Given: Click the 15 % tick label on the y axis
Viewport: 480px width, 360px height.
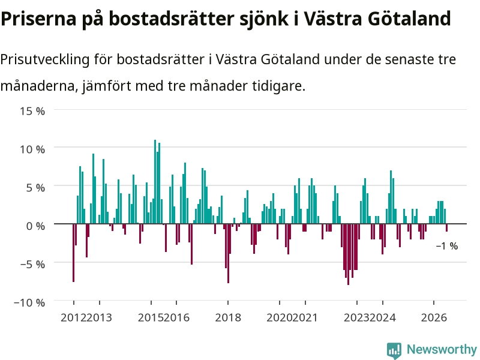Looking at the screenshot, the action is pyautogui.click(x=32, y=111).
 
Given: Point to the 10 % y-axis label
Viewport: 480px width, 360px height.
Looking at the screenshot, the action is pyautogui.click(x=32, y=149).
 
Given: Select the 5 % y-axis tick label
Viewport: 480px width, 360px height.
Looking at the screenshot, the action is pyautogui.click(x=35, y=188).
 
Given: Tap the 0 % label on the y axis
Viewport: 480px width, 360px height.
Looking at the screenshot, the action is pyautogui.click(x=35, y=226).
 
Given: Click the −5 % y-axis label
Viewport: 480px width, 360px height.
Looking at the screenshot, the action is pyautogui.click(x=32, y=264).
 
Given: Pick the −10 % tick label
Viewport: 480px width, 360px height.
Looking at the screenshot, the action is pyautogui.click(x=29, y=302).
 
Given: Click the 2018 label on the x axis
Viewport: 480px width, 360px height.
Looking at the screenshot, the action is pyautogui.click(x=228, y=317).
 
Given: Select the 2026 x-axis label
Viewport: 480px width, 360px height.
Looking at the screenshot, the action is pyautogui.click(x=434, y=317).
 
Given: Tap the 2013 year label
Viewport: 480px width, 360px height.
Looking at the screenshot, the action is pyautogui.click(x=99, y=317).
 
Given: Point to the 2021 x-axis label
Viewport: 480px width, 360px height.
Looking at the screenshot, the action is pyautogui.click(x=305, y=317).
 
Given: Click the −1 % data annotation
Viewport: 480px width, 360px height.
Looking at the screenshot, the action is pyautogui.click(x=447, y=246).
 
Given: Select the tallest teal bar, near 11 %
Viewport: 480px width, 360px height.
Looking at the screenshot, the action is pyautogui.click(x=155, y=182).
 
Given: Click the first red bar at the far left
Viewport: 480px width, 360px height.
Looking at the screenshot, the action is pyautogui.click(x=73, y=253).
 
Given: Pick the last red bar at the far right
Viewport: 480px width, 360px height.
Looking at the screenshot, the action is pyautogui.click(x=446, y=228).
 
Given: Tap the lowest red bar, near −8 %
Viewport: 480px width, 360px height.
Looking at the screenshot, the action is pyautogui.click(x=348, y=254).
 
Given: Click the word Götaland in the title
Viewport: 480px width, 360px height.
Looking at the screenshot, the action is pyautogui.click(x=409, y=19).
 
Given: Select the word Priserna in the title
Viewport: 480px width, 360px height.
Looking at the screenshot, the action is pyautogui.click(x=38, y=19).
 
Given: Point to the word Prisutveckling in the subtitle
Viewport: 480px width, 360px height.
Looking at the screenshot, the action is pyautogui.click(x=44, y=59).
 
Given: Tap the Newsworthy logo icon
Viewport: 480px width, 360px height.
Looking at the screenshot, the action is pyautogui.click(x=394, y=350).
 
